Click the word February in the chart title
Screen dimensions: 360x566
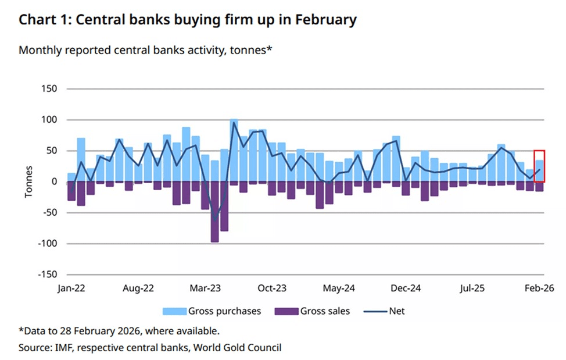coord(324,20)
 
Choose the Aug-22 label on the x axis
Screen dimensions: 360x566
coord(138,288)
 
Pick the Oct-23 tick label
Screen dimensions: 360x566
coord(272,288)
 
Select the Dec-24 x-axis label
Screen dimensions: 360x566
coord(406,288)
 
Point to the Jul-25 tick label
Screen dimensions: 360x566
coord(472,288)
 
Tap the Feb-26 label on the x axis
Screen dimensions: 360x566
coord(538,288)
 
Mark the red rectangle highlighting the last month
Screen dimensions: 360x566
coord(539,167)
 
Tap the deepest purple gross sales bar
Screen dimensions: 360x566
coord(214,212)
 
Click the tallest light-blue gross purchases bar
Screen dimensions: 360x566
coord(234,150)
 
